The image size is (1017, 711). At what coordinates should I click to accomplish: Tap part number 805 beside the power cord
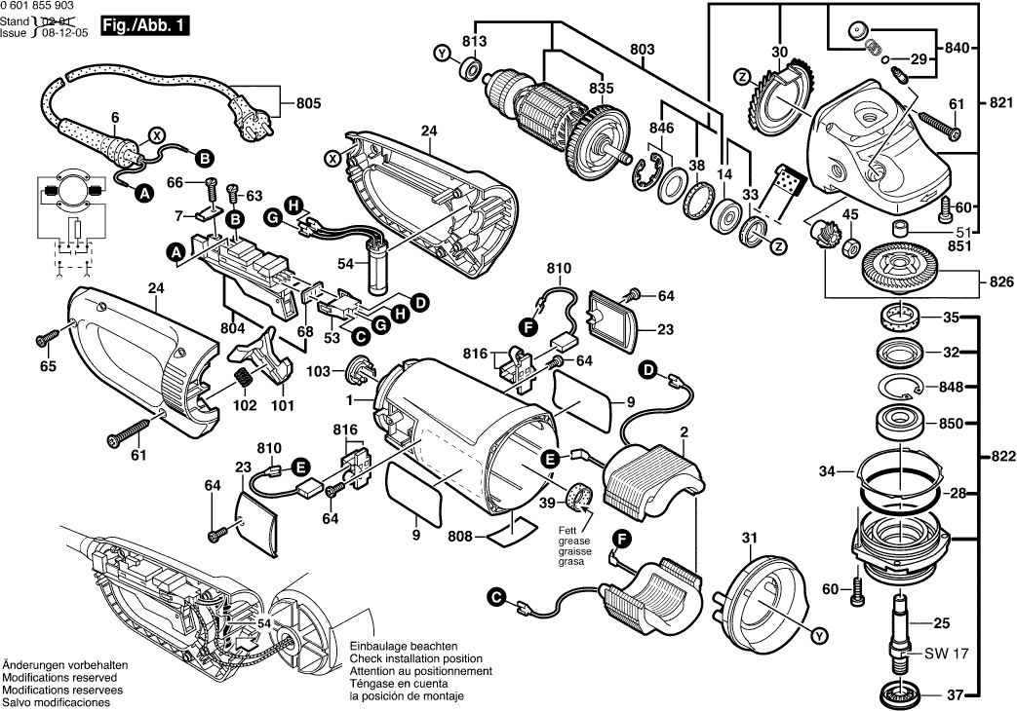coord(308,100)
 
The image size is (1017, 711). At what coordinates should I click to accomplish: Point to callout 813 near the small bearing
coord(474,41)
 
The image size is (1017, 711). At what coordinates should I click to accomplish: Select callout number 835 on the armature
coord(602,88)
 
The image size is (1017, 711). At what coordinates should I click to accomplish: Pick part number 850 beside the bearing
coord(951,424)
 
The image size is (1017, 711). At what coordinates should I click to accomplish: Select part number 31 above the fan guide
coord(748,538)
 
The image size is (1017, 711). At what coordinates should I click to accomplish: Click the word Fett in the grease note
coord(567,531)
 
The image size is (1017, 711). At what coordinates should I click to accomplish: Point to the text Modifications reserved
coord(59,677)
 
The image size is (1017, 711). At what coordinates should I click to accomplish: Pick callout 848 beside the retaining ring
coord(951,387)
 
